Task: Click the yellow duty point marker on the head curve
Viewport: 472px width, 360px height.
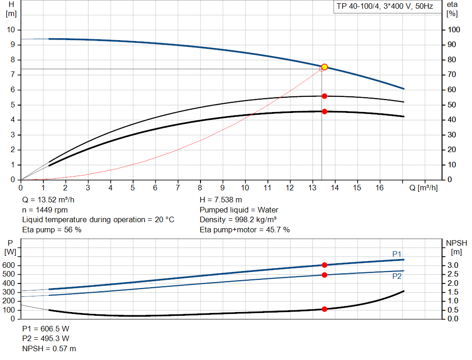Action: [324, 67]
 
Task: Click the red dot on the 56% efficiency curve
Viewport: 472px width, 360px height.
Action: [324, 96]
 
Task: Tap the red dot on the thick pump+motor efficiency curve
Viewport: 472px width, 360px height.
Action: [324, 112]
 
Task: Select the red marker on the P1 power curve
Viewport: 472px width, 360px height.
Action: [324, 265]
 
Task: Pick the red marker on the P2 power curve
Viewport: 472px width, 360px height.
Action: [324, 275]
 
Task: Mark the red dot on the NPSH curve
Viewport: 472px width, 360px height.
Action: [324, 309]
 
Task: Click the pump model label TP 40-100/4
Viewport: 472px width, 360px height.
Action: [383, 7]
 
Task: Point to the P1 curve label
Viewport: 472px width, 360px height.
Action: [397, 254]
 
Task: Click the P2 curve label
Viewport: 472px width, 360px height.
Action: [397, 276]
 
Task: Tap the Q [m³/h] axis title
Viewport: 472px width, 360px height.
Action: [424, 188]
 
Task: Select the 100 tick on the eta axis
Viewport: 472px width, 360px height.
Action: [454, 30]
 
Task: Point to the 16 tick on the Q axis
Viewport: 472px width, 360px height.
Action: [379, 188]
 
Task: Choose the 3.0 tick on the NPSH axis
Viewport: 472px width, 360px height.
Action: [452, 266]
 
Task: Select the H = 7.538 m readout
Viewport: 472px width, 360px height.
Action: [221, 200]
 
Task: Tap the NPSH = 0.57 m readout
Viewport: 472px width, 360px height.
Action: [49, 349]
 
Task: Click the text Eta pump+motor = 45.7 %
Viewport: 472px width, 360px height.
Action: [245, 230]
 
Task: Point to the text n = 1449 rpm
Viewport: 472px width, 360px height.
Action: [45, 210]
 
